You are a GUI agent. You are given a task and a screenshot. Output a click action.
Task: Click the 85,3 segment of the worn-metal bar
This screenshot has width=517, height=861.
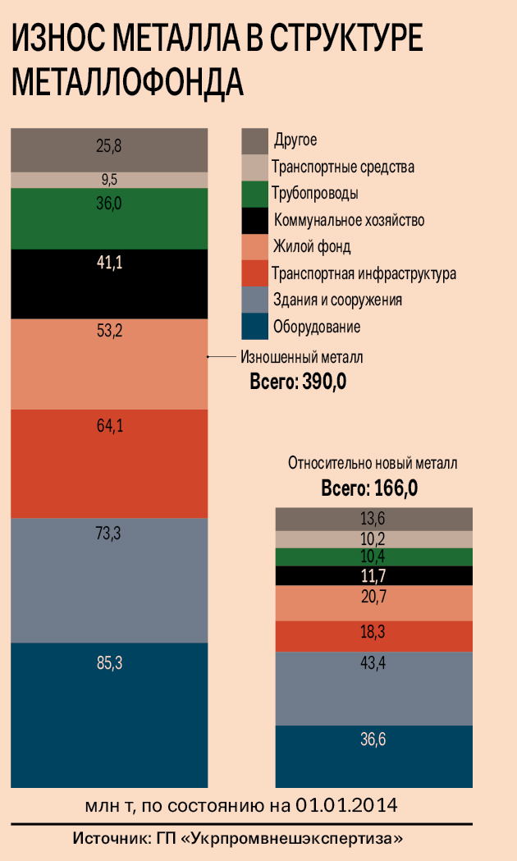(108, 714)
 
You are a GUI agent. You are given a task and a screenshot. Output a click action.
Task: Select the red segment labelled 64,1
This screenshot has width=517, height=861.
(108, 463)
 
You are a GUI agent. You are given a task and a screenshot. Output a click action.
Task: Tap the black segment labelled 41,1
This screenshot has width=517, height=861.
(108, 283)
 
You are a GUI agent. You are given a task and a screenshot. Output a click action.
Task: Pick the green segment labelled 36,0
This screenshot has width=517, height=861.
(108, 219)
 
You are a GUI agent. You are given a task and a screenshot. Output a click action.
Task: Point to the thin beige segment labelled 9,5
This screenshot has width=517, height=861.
(108, 180)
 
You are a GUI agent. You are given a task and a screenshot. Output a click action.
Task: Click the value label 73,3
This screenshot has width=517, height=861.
(109, 534)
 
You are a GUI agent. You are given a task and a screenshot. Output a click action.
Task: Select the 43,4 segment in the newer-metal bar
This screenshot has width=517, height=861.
(373, 688)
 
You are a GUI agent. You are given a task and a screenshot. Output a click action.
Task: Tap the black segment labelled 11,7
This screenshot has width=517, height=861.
(373, 575)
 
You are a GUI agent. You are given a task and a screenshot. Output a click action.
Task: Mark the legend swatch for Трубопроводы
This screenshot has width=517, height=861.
(254, 194)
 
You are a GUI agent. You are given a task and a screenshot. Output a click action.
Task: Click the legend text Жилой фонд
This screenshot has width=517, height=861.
(312, 246)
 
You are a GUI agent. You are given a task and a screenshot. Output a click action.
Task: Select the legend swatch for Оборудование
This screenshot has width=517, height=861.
(254, 326)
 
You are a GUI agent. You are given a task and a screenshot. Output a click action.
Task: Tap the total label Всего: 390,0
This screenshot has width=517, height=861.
(298, 382)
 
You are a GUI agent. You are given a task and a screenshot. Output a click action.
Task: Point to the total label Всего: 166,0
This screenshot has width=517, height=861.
(369, 489)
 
